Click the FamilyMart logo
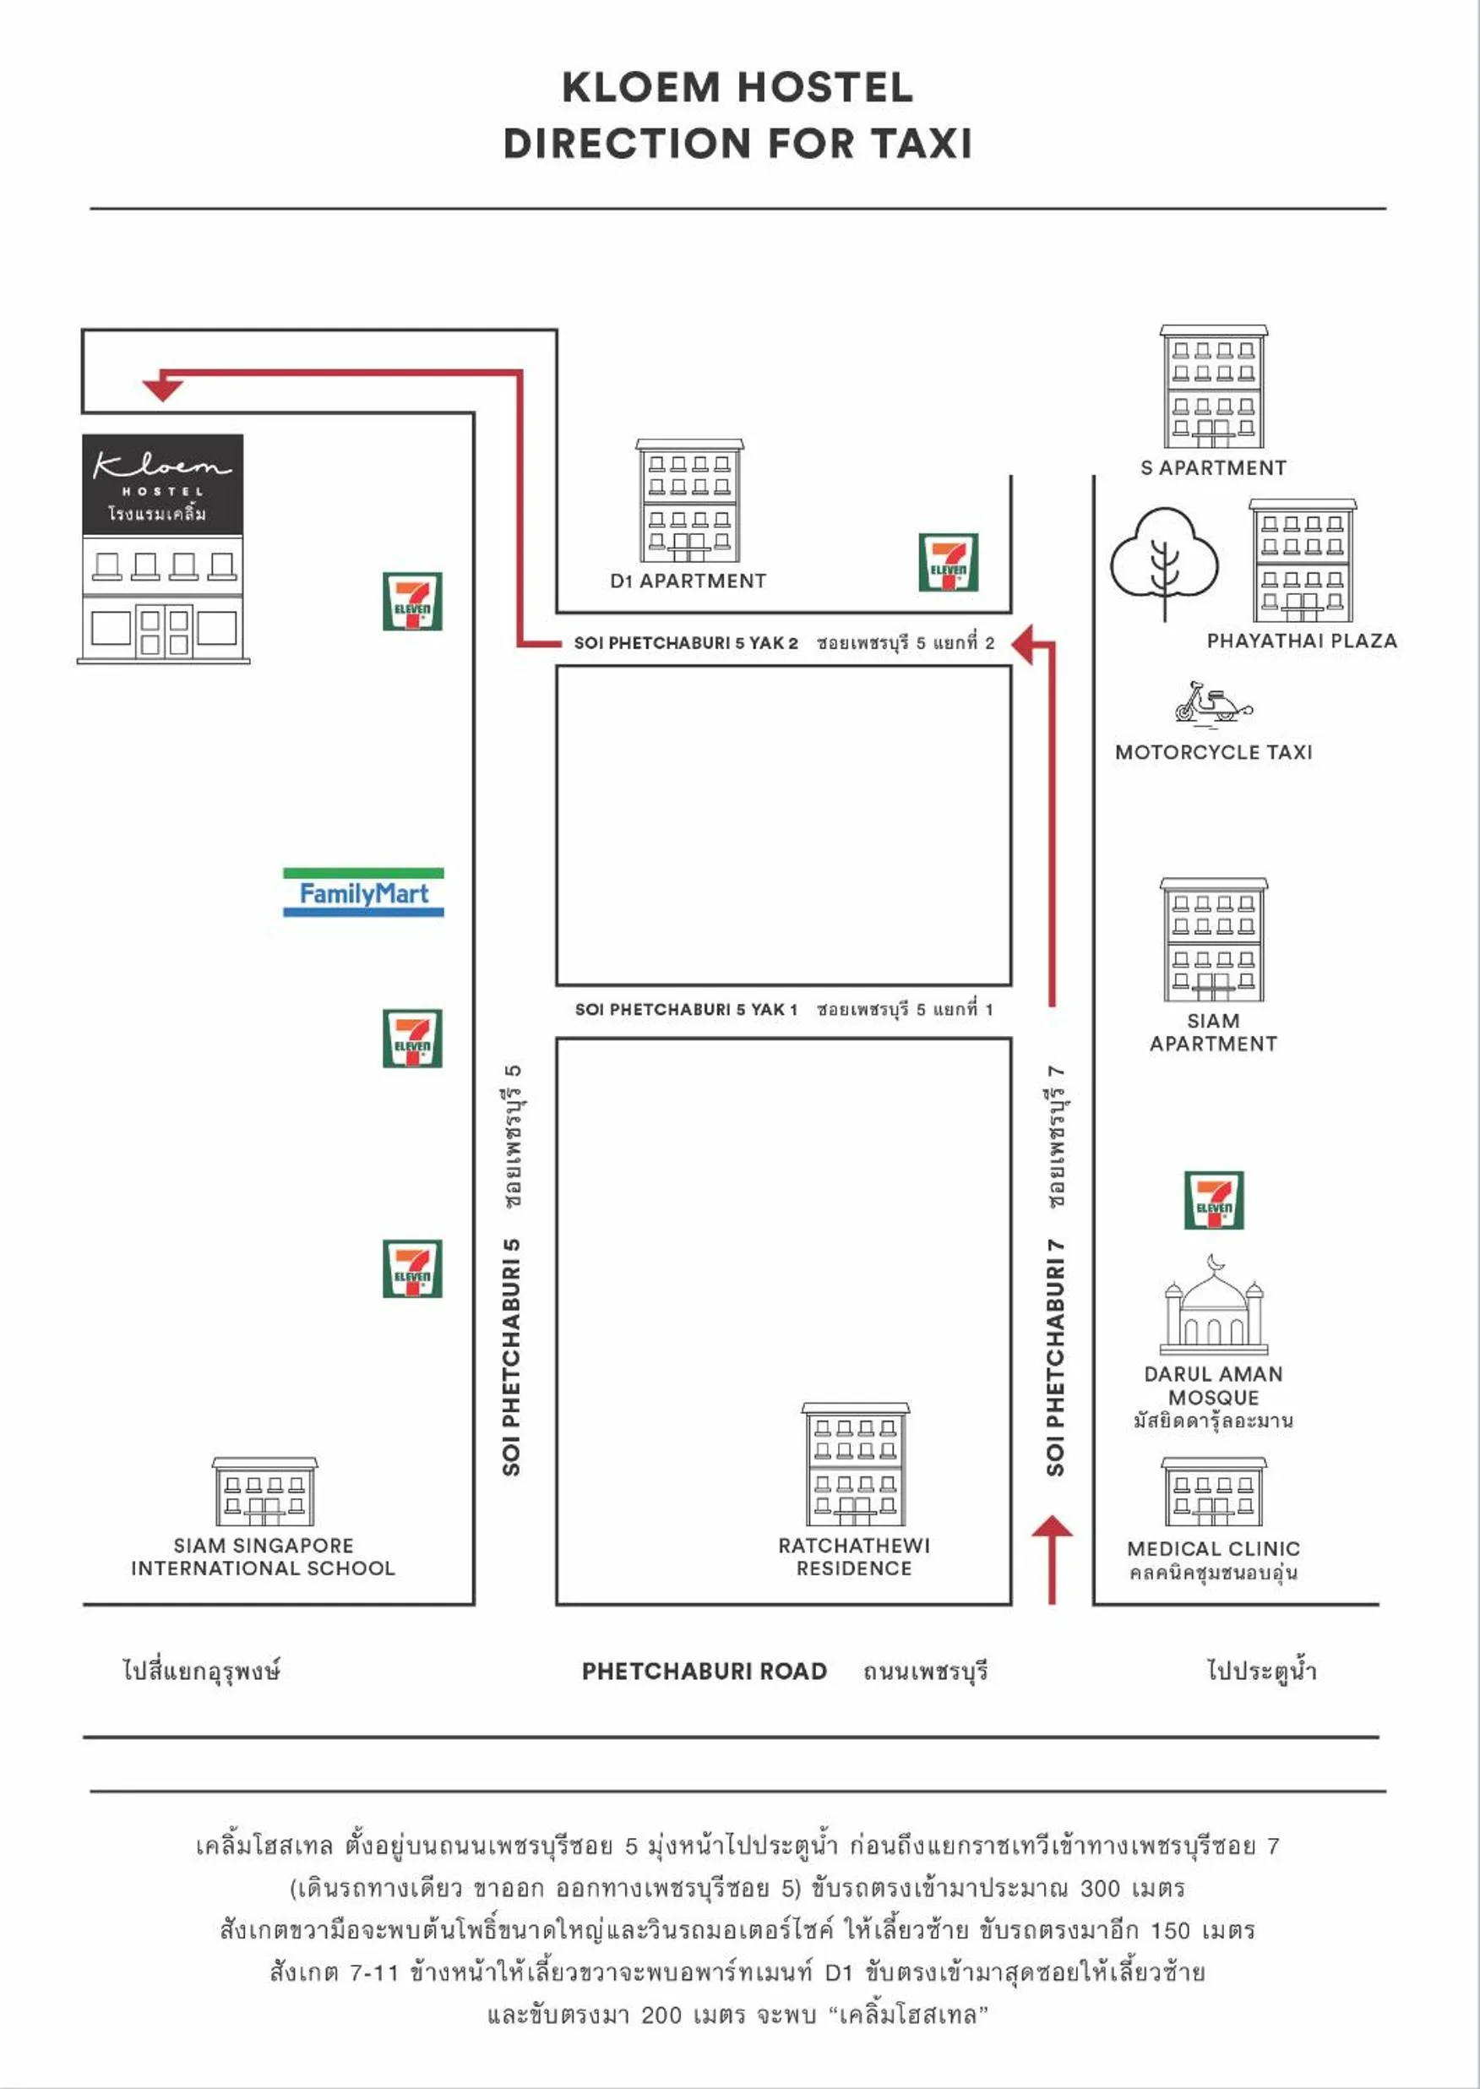pyautogui.click(x=362, y=892)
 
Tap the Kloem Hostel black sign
pyautogui.click(x=162, y=484)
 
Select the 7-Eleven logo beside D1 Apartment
pyautogui.click(x=948, y=562)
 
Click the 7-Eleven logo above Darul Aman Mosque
pyautogui.click(x=1213, y=1200)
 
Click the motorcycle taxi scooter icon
pyautogui.click(x=1213, y=703)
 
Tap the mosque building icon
pyautogui.click(x=1213, y=1306)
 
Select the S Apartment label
pyautogui.click(x=1213, y=467)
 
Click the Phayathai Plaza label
pyautogui.click(x=1302, y=641)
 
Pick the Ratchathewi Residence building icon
pyautogui.click(x=855, y=1464)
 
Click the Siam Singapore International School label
pyautogui.click(x=264, y=1557)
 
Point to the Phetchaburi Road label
pyautogui.click(x=704, y=1671)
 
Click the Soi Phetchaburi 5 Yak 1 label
pyautogui.click(x=685, y=1009)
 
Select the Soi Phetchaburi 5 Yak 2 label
pyautogui.click(x=685, y=642)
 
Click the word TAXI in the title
pyautogui.click(x=921, y=143)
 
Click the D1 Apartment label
pyautogui.click(x=688, y=581)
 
